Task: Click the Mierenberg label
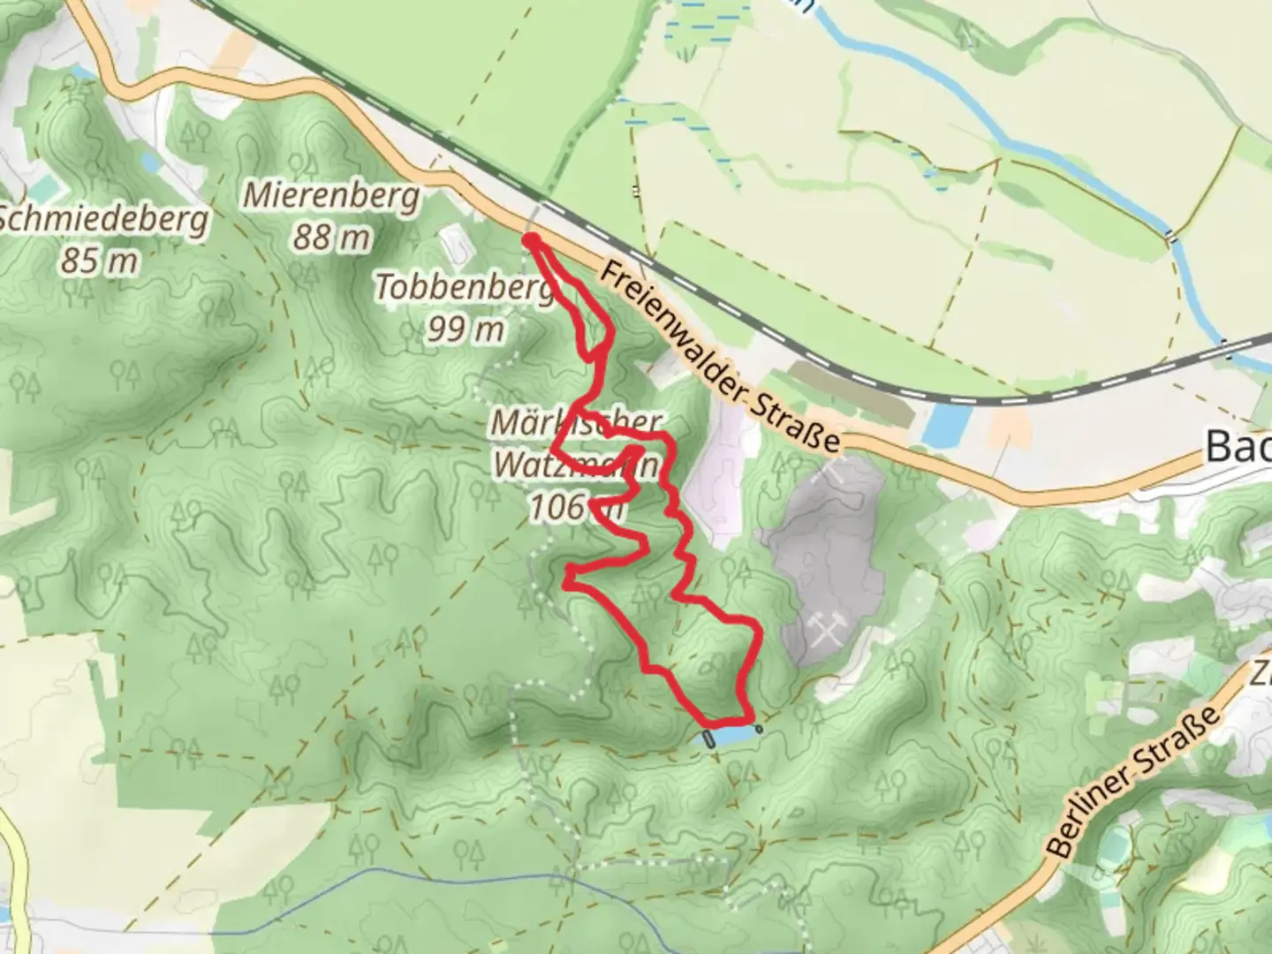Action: tap(331, 195)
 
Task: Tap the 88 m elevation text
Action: tap(331, 237)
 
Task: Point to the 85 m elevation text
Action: tap(100, 261)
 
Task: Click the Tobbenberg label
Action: tap(463, 288)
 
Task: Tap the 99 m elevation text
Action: tap(466, 329)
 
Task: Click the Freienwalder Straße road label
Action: tap(720, 357)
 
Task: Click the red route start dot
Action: tap(531, 239)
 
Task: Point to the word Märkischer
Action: tap(576, 423)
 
